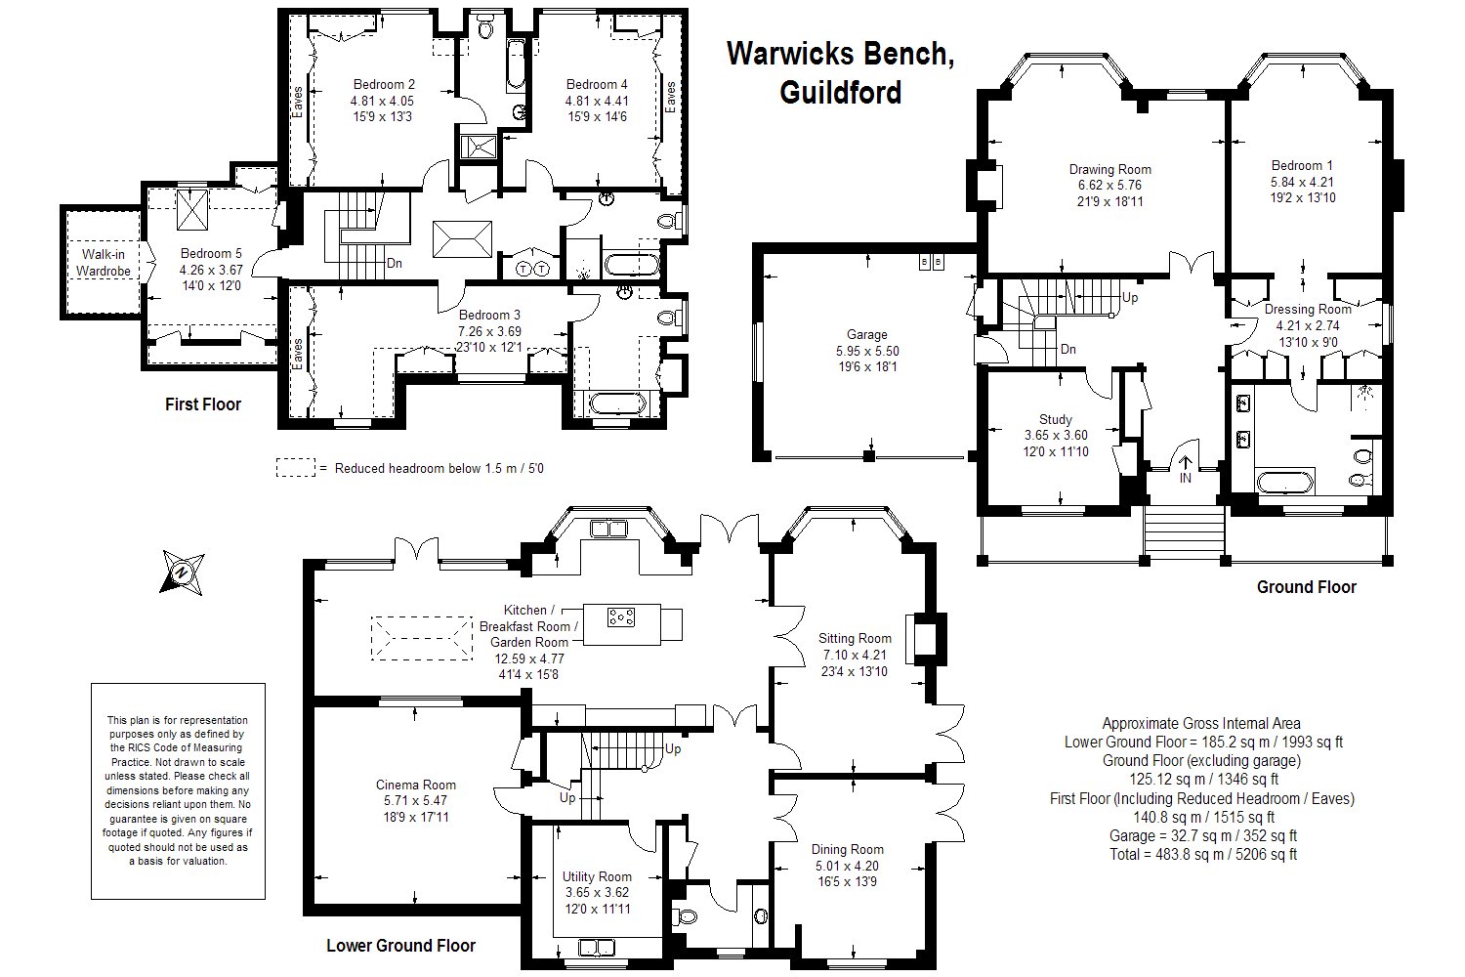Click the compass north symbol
[x=182, y=572]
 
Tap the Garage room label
[x=867, y=335]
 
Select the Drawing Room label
[x=1109, y=169]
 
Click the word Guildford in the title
[x=839, y=92]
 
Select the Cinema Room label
[x=416, y=785]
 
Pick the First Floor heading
[x=202, y=404]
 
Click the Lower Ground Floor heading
[x=400, y=946]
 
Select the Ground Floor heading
[x=1306, y=587]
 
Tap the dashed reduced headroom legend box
[x=296, y=468]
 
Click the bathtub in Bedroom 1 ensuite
[x=1285, y=483]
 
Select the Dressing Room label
[x=1308, y=310]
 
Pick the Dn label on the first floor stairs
[x=395, y=263]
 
